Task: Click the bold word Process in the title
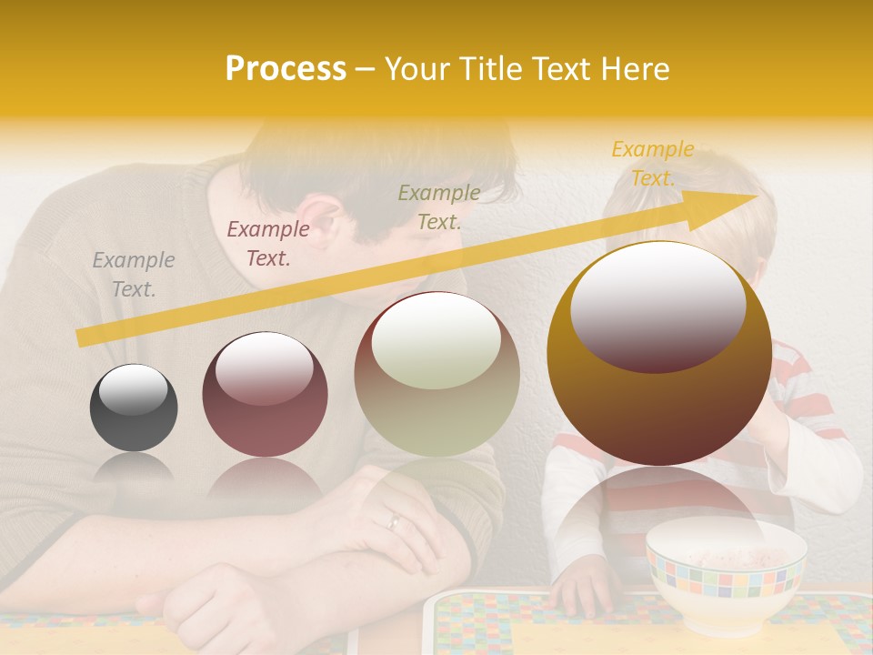point(286,69)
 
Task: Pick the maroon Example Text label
point(268,244)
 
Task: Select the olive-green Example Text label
point(439,207)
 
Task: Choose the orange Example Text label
point(653,164)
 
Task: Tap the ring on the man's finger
point(394,521)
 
